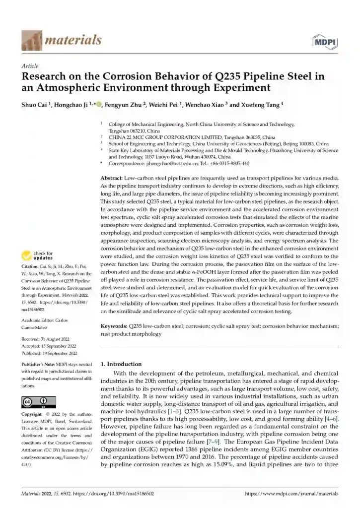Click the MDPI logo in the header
[x=325, y=42]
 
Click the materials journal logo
[x=62, y=40]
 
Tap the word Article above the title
[x=30, y=66]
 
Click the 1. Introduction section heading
[x=121, y=364]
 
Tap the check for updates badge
[x=37, y=256]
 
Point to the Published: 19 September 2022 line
[x=49, y=353]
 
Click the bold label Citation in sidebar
[x=31, y=267]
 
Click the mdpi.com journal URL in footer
[x=292, y=494]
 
